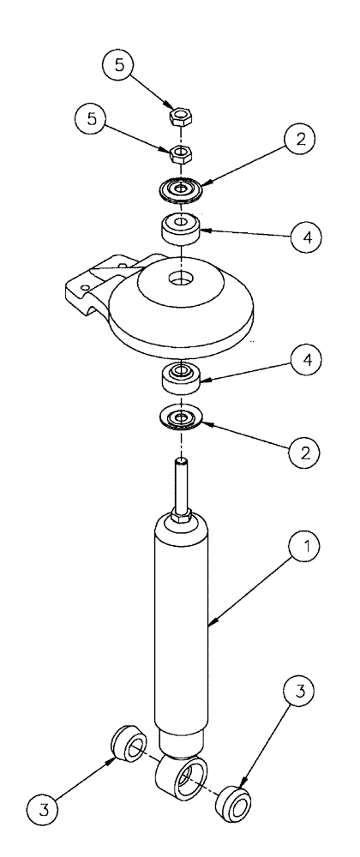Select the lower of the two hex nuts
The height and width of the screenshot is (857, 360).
coord(180,154)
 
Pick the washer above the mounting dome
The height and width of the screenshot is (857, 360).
coord(180,187)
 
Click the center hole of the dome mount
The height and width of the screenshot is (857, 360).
coord(180,279)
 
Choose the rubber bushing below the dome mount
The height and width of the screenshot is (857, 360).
coord(180,375)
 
